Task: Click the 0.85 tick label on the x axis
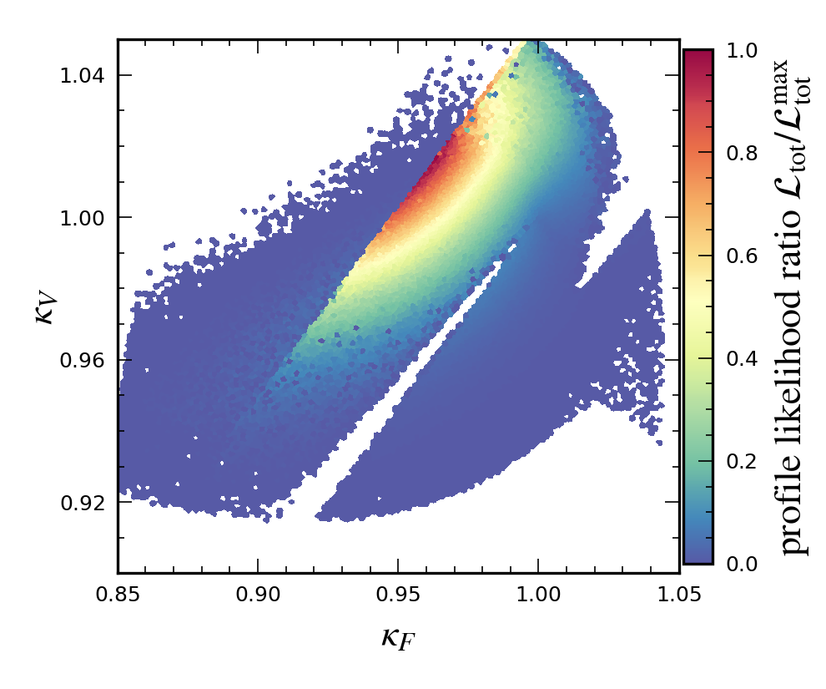[118, 595]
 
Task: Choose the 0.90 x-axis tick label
[257, 595]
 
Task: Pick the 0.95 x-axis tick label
[397, 595]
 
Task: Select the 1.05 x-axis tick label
[677, 595]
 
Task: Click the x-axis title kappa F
[397, 639]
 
